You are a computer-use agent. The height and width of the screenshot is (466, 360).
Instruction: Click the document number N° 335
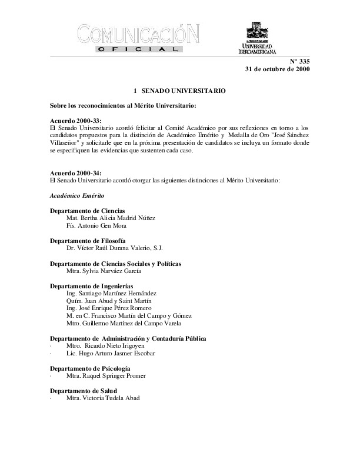point(298,61)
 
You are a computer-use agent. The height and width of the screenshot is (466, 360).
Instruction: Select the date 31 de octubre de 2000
point(277,69)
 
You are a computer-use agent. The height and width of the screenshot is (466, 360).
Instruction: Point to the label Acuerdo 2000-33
point(72,120)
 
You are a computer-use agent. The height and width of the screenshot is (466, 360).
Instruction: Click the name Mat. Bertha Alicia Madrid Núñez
point(111,218)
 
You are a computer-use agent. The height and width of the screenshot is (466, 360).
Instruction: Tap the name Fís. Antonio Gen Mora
point(97,225)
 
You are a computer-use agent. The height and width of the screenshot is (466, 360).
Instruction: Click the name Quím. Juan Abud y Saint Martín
point(110,301)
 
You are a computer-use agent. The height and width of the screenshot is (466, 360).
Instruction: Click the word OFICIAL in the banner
point(139,51)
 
